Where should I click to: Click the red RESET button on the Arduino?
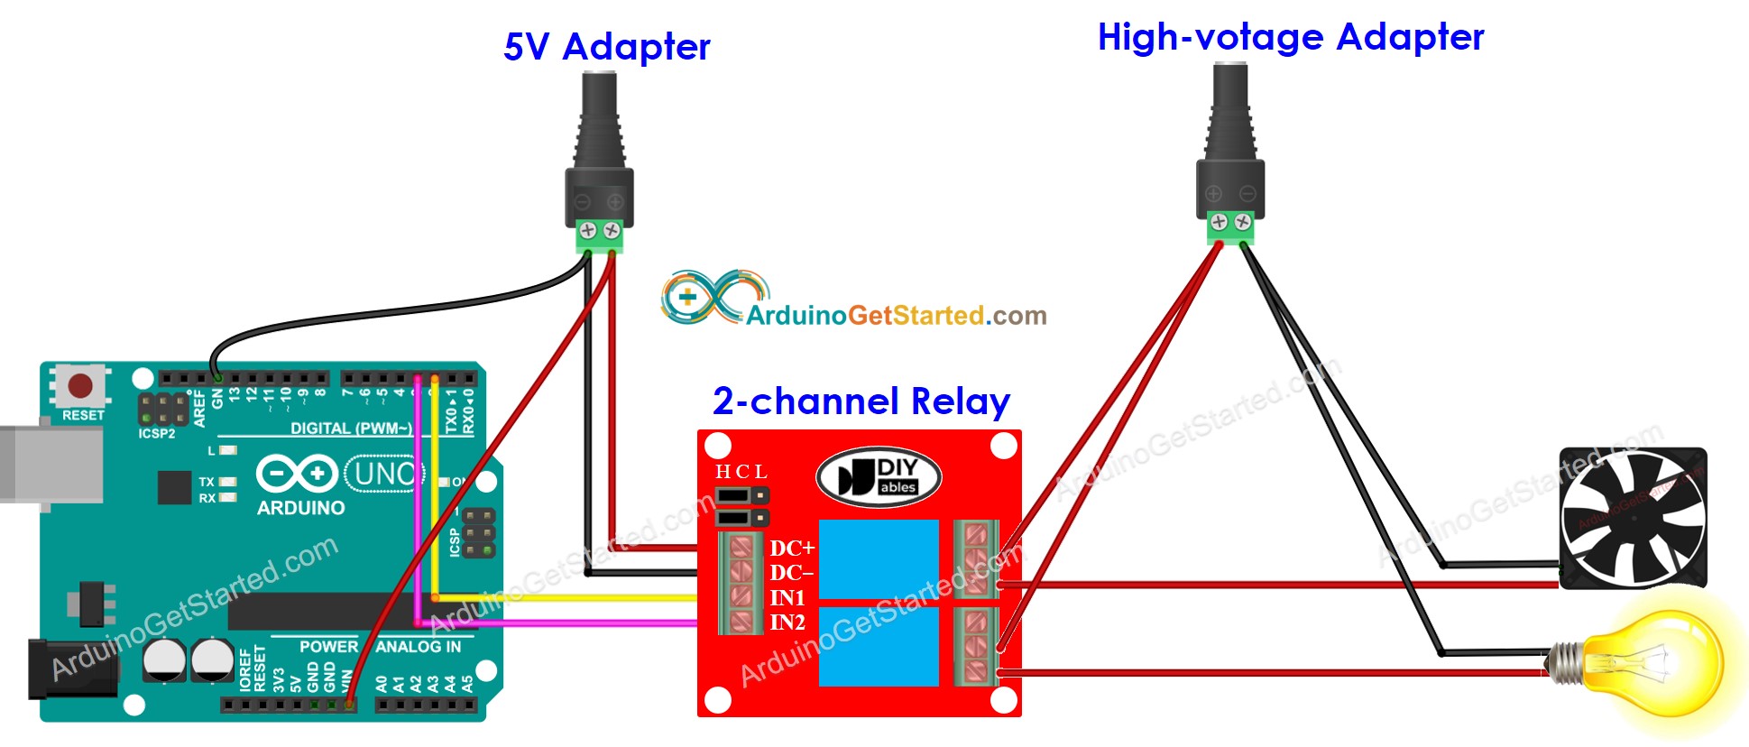click(x=80, y=387)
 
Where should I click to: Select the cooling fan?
click(x=1633, y=519)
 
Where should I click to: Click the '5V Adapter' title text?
click(x=606, y=47)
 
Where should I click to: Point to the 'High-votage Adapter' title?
click(x=1290, y=38)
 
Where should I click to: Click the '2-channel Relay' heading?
click(x=861, y=401)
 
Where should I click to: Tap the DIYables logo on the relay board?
click(x=879, y=477)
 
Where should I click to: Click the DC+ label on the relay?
click(x=791, y=548)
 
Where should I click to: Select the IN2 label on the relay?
click(x=787, y=622)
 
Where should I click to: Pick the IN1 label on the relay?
click(x=787, y=597)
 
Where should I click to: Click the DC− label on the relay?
click(x=791, y=573)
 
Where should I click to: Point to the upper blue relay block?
click(x=879, y=559)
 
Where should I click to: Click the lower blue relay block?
click(x=879, y=646)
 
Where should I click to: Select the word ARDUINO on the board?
click(x=300, y=508)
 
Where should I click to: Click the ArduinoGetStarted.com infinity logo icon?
click(x=713, y=297)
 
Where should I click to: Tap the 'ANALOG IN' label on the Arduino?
click(x=418, y=647)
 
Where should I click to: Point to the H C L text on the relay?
click(x=741, y=472)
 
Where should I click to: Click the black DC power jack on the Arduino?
click(x=68, y=669)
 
